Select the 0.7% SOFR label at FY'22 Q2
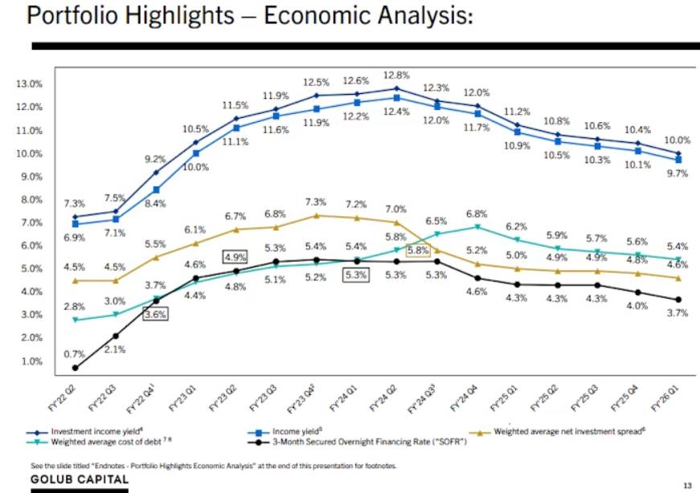tap(74, 354)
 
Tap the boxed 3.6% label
tap(155, 315)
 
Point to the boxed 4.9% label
tap(234, 257)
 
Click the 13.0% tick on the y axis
tap(30, 84)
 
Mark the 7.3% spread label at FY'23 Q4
tap(316, 202)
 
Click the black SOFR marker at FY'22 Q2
tap(75, 368)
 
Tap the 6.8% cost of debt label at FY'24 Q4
tap(477, 214)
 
